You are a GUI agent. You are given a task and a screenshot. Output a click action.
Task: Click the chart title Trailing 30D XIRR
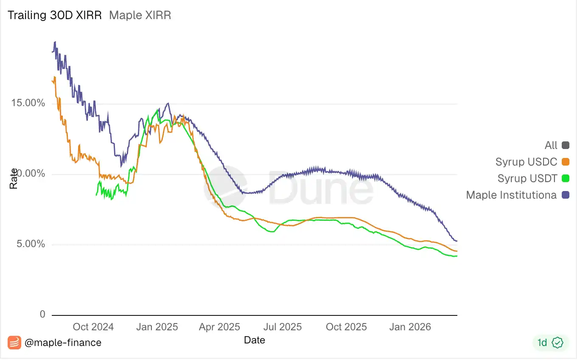55,16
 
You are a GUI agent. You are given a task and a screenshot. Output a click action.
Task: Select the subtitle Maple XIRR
140,16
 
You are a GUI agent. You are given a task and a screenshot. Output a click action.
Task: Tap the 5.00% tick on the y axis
31,244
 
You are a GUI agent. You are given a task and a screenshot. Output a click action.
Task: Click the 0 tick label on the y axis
42,315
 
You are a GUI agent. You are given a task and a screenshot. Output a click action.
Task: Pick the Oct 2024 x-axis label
93,327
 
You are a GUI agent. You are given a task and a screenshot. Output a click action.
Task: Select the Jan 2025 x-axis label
157,327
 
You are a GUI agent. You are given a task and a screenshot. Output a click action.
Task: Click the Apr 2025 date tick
219,327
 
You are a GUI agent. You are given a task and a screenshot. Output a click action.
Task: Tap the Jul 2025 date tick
282,327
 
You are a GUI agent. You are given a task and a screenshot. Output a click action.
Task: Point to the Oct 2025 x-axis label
346,327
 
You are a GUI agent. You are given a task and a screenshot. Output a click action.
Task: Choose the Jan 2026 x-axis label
410,327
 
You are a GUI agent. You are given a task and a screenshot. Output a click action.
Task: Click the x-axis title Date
255,340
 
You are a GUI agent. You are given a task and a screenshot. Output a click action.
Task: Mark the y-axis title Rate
14,179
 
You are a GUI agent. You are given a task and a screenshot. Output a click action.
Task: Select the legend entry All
551,145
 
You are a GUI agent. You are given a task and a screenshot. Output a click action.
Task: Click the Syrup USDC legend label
526,162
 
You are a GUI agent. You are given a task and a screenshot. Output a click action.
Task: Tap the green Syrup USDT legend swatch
565,178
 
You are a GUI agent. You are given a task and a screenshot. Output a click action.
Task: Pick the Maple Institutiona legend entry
511,195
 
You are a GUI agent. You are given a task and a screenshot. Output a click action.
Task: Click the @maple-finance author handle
63,343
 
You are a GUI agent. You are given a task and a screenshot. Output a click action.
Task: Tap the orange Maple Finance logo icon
14,343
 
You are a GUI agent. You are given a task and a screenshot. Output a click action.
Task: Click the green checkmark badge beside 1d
558,343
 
